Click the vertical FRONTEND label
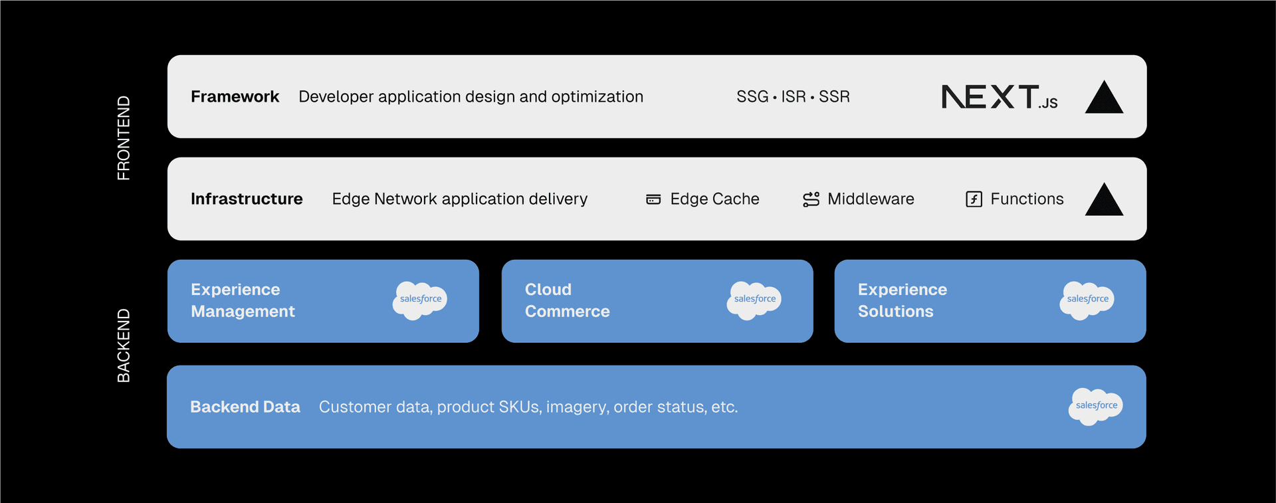tap(124, 138)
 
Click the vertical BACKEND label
tap(124, 346)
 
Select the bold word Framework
tap(235, 97)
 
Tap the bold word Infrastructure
tap(247, 199)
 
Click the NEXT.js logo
tap(999, 97)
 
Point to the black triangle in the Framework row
tap(1104, 99)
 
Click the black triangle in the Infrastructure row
tap(1104, 201)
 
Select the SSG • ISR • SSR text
tap(793, 97)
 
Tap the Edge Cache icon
tap(653, 199)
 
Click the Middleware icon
tap(811, 199)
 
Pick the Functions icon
tap(974, 199)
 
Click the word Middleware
tap(871, 199)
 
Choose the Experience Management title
tap(243, 300)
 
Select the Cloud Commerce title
tap(567, 300)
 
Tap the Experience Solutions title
tap(902, 300)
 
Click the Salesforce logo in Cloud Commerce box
tap(754, 300)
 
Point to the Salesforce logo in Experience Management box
tap(420, 300)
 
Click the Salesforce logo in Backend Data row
tap(1096, 406)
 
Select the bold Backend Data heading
tap(245, 407)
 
